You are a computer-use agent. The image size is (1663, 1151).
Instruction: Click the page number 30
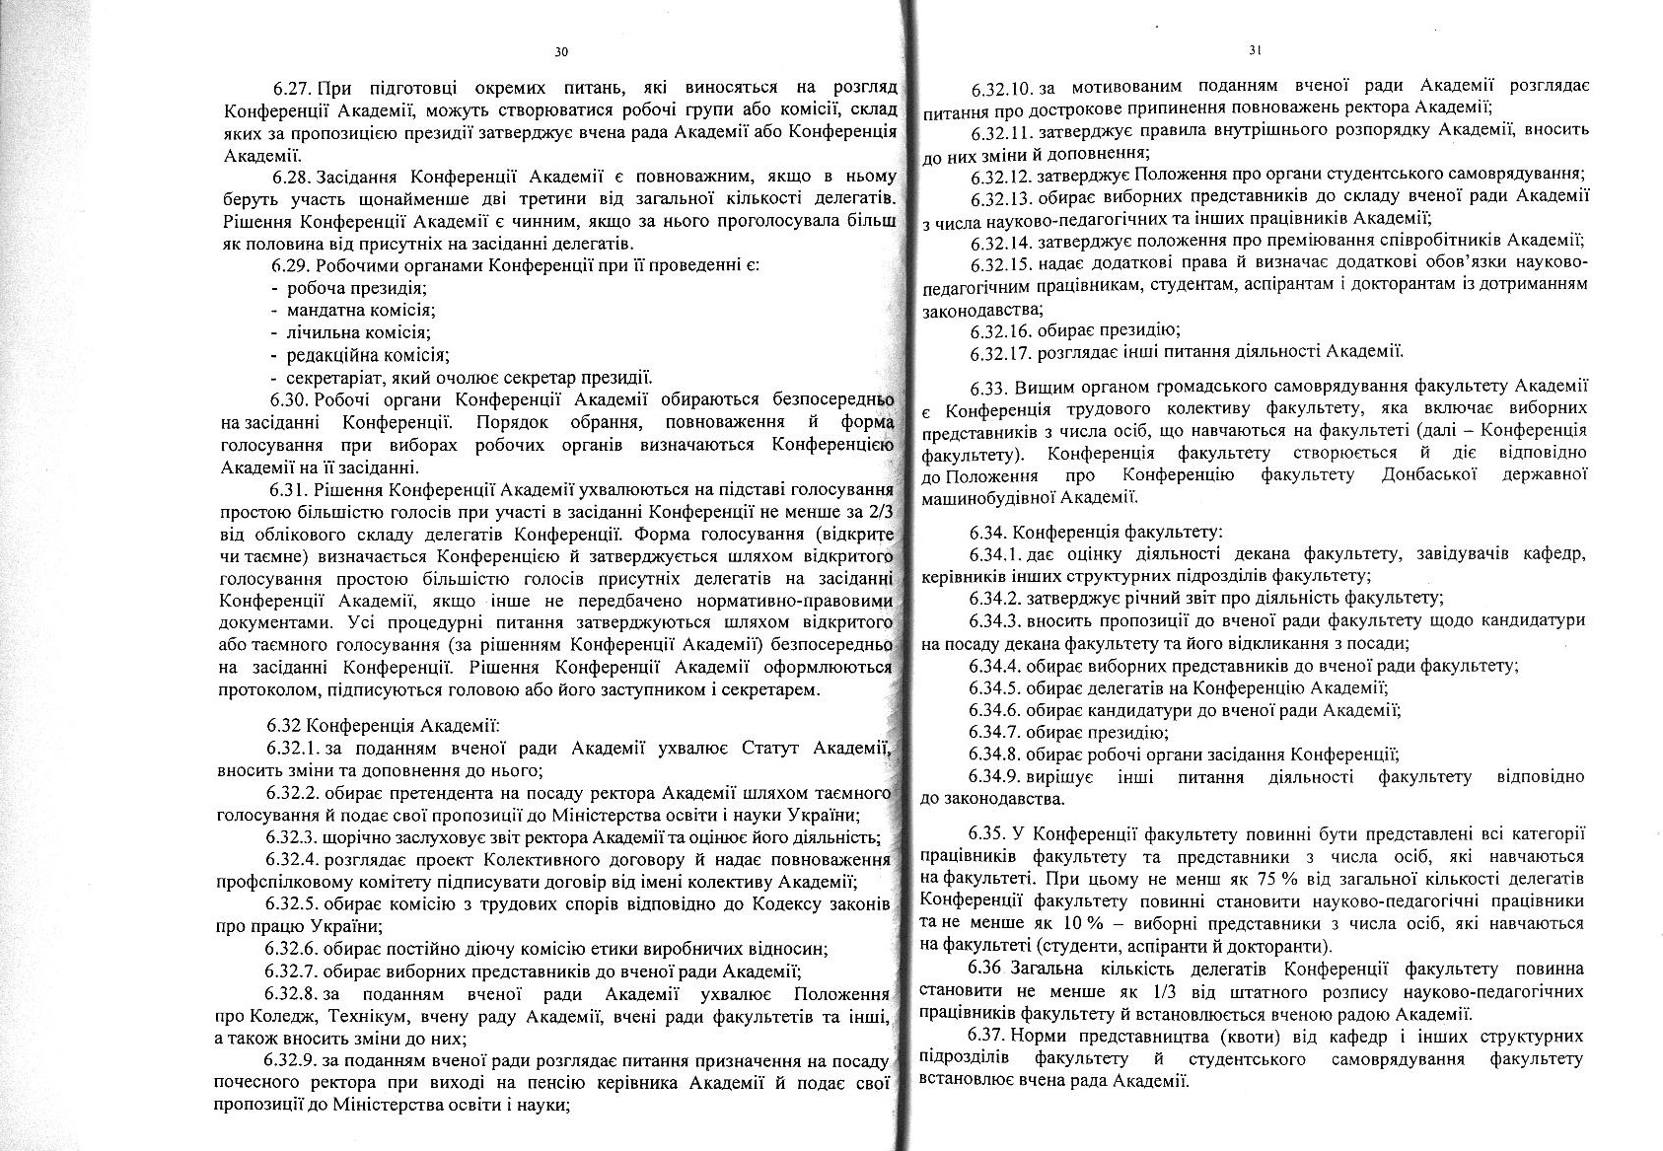pos(562,51)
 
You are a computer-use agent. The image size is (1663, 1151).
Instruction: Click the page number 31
pos(1255,49)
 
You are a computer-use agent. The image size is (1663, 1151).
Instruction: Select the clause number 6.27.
pos(293,88)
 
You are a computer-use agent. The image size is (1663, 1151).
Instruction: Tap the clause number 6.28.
pos(293,177)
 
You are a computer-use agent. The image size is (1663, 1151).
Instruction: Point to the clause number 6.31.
pos(290,489)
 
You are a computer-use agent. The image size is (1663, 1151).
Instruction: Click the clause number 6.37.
pos(989,1037)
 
